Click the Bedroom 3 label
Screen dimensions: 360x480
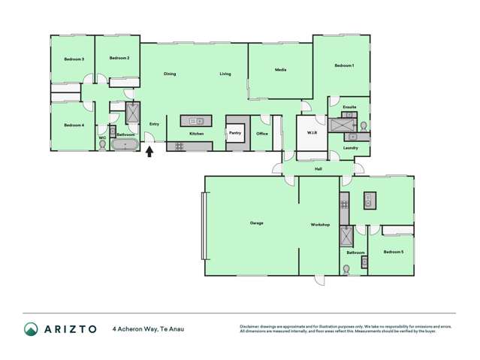pyautogui.click(x=74, y=59)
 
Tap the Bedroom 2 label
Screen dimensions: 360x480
pyautogui.click(x=119, y=58)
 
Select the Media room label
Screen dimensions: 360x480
pyautogui.click(x=280, y=70)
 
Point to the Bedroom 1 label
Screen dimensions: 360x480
pyautogui.click(x=343, y=66)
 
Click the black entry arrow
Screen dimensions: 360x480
pyautogui.click(x=149, y=151)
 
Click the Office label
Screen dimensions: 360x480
pyautogui.click(x=262, y=134)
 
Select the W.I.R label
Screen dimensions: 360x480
pyautogui.click(x=312, y=133)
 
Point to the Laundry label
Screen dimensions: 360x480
pyautogui.click(x=350, y=148)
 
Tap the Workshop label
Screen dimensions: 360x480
pyautogui.click(x=321, y=225)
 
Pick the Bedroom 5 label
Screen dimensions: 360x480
pyautogui.click(x=392, y=252)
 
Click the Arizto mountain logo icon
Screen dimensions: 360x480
pyautogui.click(x=31, y=328)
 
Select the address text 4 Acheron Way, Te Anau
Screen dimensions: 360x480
pyautogui.click(x=148, y=328)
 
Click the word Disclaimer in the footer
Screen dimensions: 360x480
pyautogui.click(x=249, y=326)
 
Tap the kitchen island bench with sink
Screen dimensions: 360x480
pyautogui.click(x=197, y=120)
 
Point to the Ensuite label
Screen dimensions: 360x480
pyautogui.click(x=349, y=107)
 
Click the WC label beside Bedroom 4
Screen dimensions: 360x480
pyautogui.click(x=102, y=138)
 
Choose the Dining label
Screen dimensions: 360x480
pyautogui.click(x=170, y=74)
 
